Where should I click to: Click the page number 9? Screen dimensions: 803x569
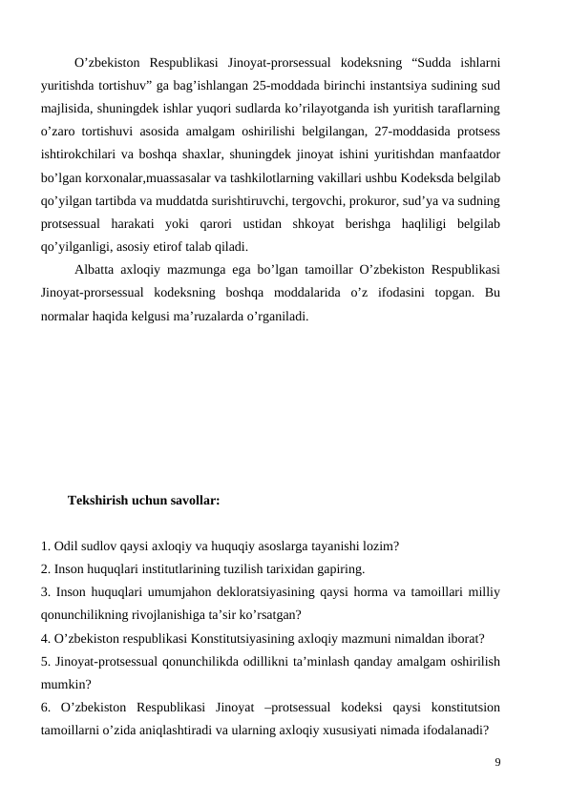pos(497,762)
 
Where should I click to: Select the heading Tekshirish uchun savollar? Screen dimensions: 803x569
pos(144,500)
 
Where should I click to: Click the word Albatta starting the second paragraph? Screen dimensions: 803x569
pos(95,270)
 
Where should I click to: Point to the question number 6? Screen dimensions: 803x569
pos(46,708)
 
